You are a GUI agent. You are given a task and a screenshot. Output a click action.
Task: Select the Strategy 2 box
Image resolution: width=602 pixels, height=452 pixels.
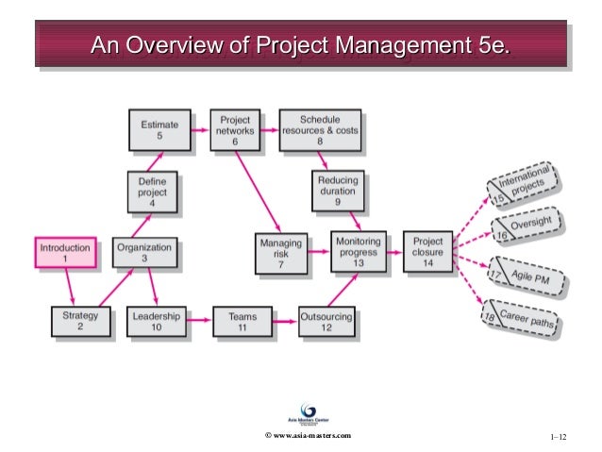(x=79, y=320)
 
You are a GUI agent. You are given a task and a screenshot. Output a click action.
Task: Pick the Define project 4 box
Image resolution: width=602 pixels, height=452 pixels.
(x=152, y=193)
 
